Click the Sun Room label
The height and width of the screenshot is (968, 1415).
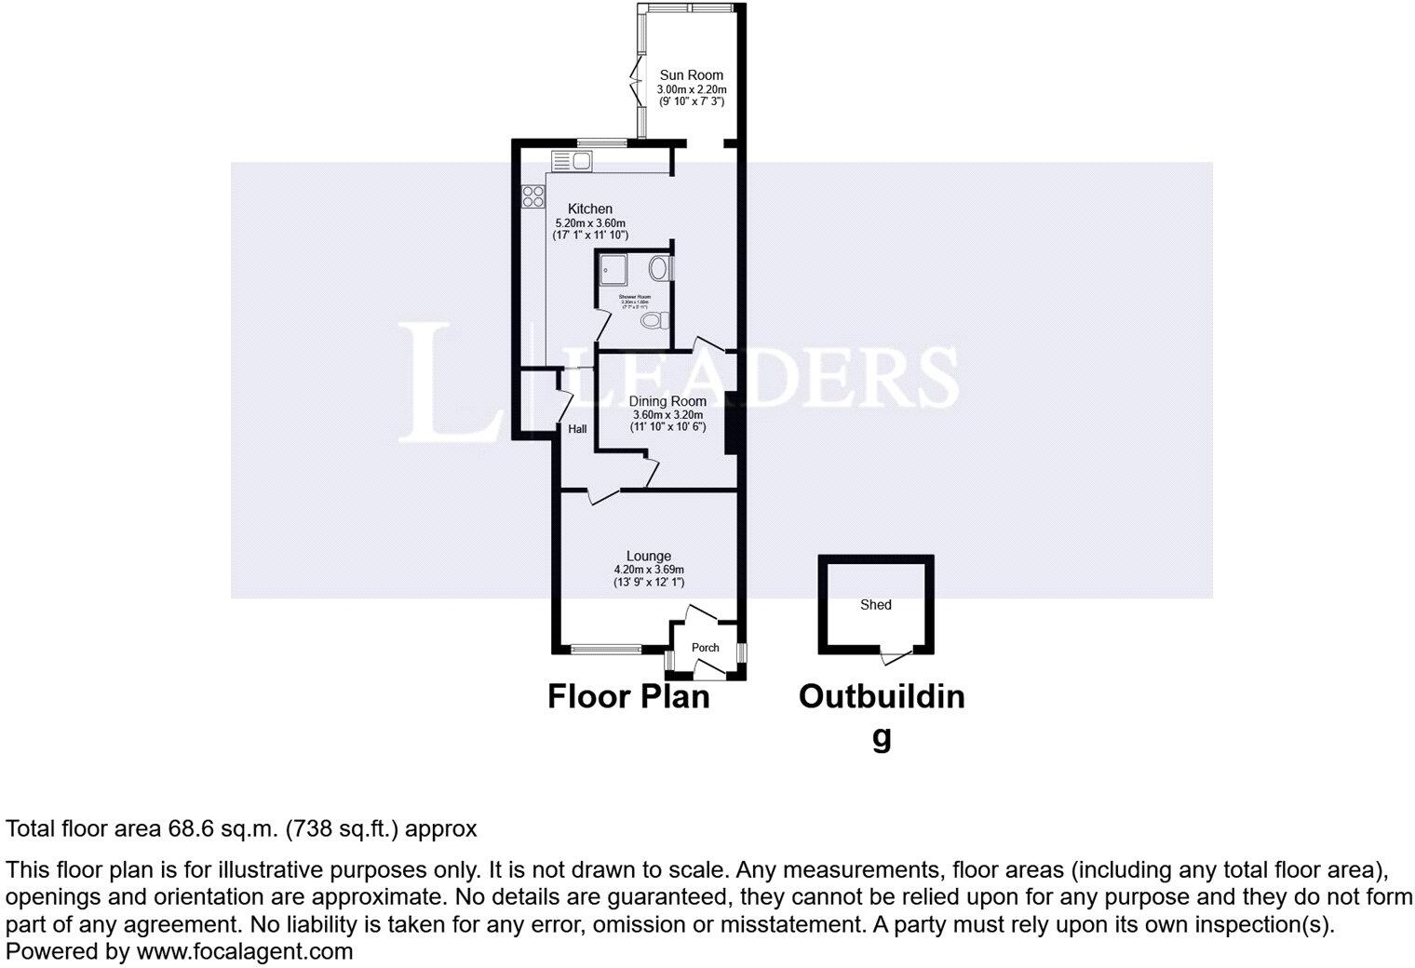691,75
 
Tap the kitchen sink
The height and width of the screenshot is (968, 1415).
572,161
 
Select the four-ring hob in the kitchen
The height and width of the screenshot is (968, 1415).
533,196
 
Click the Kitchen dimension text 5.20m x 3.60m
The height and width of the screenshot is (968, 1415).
590,223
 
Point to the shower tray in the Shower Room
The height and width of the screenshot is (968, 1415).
614,268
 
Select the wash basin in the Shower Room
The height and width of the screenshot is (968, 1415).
660,270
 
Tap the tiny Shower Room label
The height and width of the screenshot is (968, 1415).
635,297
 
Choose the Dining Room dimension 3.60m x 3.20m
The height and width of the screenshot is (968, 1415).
667,415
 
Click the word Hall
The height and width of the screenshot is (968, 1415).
577,429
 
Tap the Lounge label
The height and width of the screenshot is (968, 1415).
648,557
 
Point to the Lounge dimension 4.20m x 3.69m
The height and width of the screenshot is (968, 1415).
648,570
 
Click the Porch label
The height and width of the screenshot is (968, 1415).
705,648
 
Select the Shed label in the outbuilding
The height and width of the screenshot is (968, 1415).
875,605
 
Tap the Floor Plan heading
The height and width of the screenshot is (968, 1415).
628,696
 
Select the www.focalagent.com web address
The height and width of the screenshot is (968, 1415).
245,951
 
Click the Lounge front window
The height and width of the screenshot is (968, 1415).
605,649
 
